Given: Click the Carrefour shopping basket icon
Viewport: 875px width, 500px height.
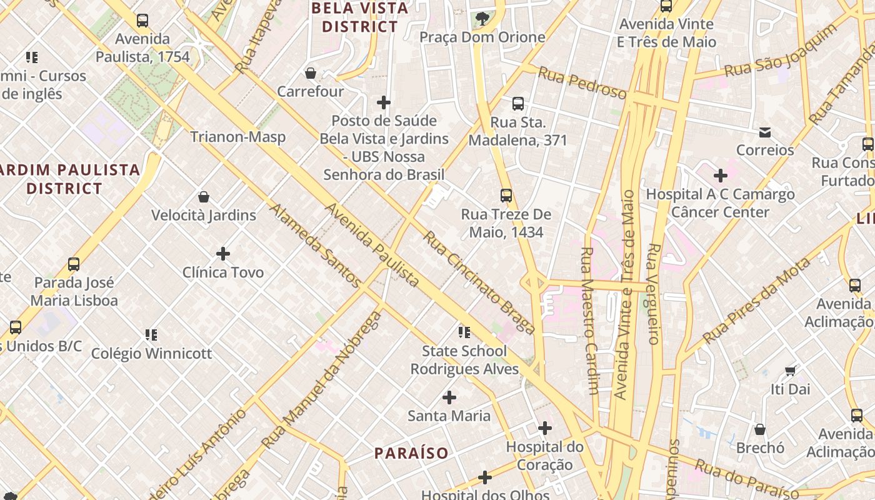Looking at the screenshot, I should coord(310,74).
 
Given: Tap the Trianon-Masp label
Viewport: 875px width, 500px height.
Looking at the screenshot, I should coord(237,137).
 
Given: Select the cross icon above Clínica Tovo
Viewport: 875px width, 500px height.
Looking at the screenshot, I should coord(223,254).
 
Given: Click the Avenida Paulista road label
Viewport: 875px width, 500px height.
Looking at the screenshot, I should coord(372,245).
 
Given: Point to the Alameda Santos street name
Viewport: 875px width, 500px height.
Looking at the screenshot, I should coord(316,245).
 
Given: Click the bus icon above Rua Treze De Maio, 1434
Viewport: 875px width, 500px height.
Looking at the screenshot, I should coord(506,196).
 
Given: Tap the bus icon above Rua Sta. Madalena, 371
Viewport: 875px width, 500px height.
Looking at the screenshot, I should coord(517,104).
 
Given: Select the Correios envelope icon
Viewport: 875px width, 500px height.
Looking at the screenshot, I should coord(765,132).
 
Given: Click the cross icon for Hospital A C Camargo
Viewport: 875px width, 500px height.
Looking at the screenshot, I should coord(721,176).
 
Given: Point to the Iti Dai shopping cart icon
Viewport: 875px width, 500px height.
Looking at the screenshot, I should coord(790,371).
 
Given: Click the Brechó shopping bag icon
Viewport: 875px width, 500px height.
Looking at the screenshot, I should coord(760,429).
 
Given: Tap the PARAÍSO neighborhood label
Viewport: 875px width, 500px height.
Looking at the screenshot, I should coord(411,453).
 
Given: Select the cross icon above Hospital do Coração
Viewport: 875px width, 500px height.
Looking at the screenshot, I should coord(545,428).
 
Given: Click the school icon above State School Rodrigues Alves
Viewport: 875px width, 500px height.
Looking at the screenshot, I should coord(464,332).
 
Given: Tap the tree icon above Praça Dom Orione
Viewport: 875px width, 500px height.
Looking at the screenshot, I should coord(482,19).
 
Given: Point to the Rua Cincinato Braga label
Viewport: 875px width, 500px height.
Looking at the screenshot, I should coord(479,282).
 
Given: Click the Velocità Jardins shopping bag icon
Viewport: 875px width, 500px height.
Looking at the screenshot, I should coord(204,197).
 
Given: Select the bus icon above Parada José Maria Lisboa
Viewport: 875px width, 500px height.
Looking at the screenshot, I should coord(74,264).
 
